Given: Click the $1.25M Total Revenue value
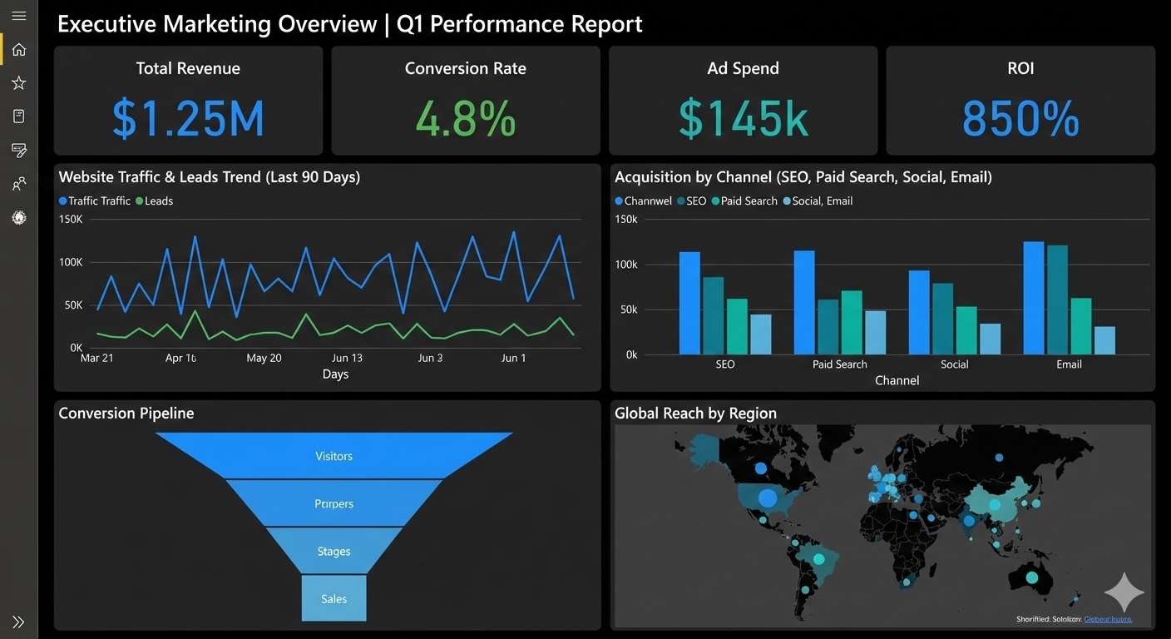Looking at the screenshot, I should (x=188, y=118).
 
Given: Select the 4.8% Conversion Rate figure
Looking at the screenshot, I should (x=465, y=118).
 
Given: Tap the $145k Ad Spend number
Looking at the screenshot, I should (x=743, y=118).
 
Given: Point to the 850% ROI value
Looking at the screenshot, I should (x=1020, y=118).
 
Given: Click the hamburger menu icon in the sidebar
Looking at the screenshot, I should (x=18, y=16).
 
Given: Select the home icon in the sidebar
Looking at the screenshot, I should (x=18, y=49).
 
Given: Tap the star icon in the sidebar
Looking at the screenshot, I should (x=18, y=82).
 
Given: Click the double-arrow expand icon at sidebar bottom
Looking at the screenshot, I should (x=18, y=622).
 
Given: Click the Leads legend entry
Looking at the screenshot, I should (x=154, y=201).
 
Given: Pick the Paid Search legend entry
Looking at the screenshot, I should (x=744, y=201).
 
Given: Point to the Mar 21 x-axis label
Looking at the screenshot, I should (x=96, y=358).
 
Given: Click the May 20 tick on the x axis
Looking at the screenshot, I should (x=264, y=358).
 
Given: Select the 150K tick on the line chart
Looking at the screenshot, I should (x=71, y=219).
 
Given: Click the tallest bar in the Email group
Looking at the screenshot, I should (x=1034, y=298).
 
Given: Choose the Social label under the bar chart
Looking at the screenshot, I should (x=954, y=364).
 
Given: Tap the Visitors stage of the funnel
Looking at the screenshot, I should (x=334, y=456).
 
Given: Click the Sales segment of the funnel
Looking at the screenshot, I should (x=334, y=598).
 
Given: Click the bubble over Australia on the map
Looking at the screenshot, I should (x=1032, y=577).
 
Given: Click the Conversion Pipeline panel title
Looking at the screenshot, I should (x=126, y=414).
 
